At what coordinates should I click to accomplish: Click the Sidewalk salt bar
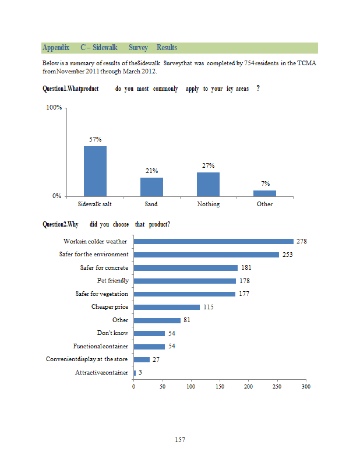pyautogui.click(x=95, y=171)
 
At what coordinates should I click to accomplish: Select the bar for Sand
pyautogui.click(x=151, y=186)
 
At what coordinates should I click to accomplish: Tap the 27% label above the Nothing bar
pyautogui.click(x=208, y=165)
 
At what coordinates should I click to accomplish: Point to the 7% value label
pyautogui.click(x=265, y=183)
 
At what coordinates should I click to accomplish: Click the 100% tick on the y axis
pyautogui.click(x=54, y=108)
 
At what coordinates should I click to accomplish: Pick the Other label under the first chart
pyautogui.click(x=265, y=204)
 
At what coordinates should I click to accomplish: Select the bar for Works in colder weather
pyautogui.click(x=214, y=241)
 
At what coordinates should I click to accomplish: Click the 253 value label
pyautogui.click(x=288, y=255)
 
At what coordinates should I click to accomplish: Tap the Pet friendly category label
pyautogui.click(x=112, y=281)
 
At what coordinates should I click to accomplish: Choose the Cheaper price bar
pyautogui.click(x=167, y=307)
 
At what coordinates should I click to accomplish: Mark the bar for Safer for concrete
pyautogui.click(x=186, y=268)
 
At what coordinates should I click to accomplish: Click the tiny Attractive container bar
pyautogui.click(x=135, y=373)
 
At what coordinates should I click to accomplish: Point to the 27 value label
pyautogui.click(x=156, y=359)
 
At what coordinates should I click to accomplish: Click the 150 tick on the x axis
pyautogui.click(x=220, y=386)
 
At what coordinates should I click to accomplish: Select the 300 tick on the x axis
pyautogui.click(x=306, y=386)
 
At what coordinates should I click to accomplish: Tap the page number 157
pyautogui.click(x=180, y=440)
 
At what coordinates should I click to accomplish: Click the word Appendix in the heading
pyautogui.click(x=56, y=47)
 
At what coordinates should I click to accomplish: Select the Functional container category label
pyautogui.click(x=100, y=347)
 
